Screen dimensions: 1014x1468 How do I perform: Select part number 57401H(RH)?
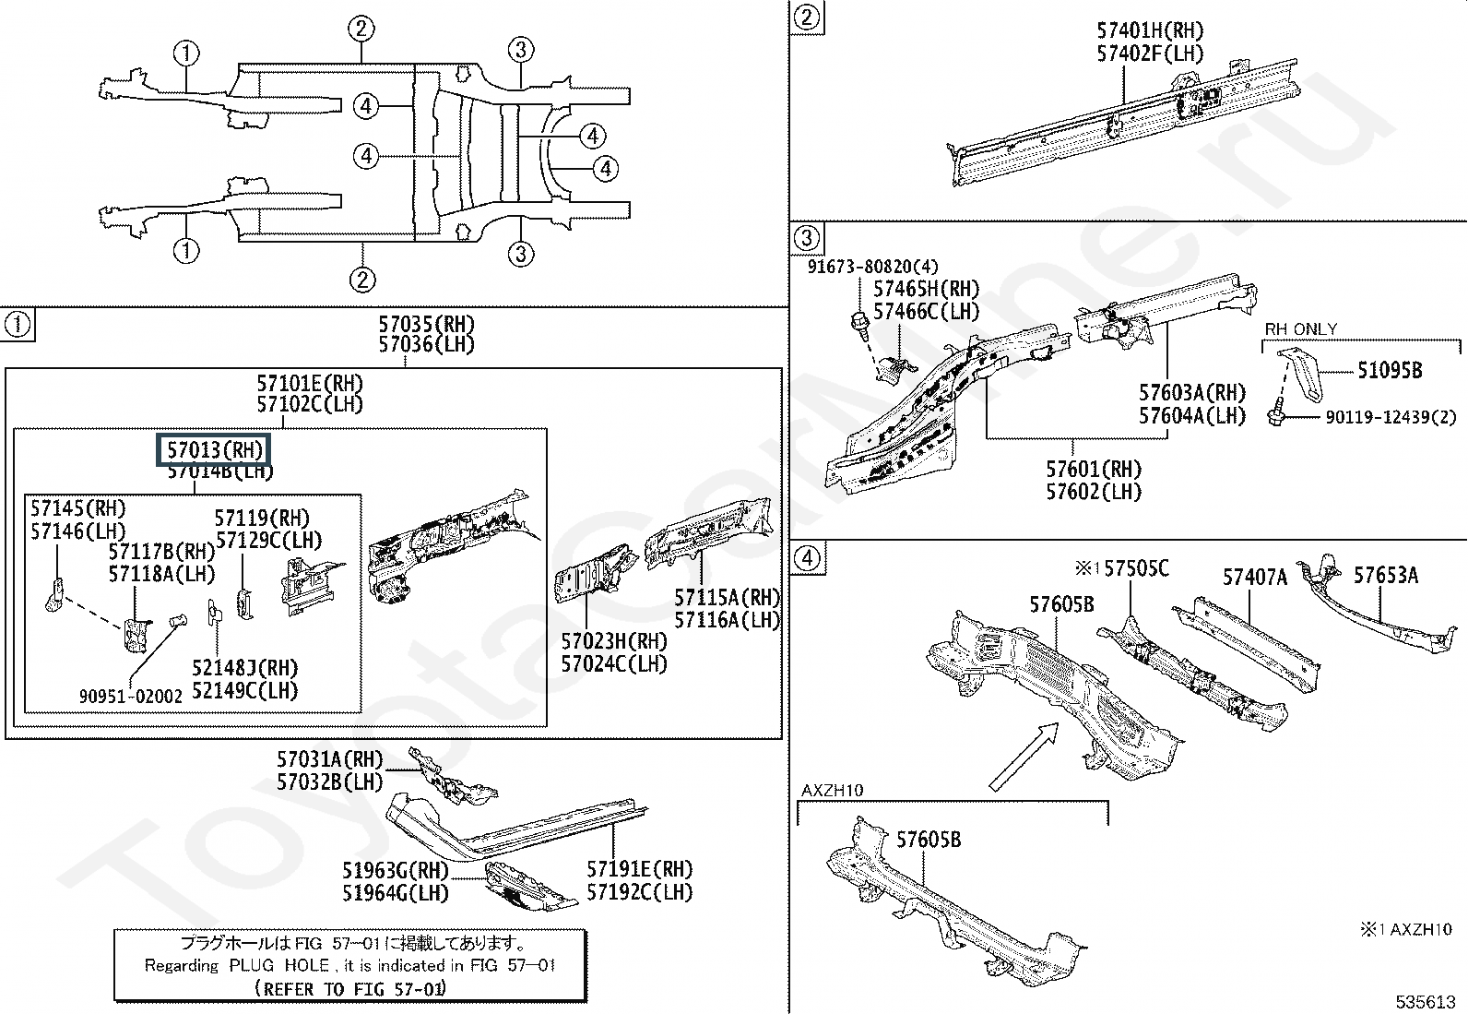pos(1150,31)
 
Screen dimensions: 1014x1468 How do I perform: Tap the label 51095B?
pos(1389,371)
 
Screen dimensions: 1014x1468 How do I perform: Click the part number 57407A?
pos(1254,578)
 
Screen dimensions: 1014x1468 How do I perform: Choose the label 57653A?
pos(1385,576)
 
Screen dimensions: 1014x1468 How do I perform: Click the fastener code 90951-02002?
pos(131,696)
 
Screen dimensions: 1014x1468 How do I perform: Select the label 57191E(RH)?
pos(639,869)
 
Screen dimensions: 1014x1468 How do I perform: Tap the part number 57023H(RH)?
pos(614,640)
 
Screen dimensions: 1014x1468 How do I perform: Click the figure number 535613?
pos(1425,1001)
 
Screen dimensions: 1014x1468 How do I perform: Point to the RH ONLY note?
pos(1300,329)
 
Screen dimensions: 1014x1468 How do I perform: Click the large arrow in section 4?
pos(1024,756)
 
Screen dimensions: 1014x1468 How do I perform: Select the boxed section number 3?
pos(806,238)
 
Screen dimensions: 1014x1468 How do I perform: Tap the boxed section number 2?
pos(806,18)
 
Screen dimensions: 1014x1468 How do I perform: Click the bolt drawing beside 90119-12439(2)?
pos(1276,414)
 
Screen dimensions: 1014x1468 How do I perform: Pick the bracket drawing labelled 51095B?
pos(1297,373)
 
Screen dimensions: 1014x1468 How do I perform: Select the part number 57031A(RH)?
pos(329,759)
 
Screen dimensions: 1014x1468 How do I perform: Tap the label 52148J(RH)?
pos(244,668)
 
